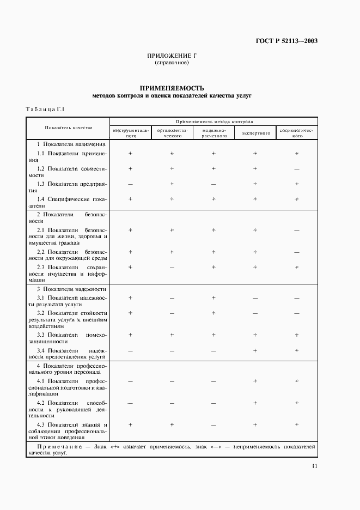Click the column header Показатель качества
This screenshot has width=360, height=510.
coord(69,127)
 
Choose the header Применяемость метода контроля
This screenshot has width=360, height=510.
coord(214,122)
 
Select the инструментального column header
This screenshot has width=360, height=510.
coord(130,133)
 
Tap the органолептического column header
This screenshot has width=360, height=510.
coord(172,133)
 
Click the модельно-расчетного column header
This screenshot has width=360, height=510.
coord(213,133)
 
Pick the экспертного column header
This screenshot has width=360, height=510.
coord(255,133)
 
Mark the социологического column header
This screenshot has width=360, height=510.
coord(297,133)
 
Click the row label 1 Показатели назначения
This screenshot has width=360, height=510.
coord(71,144)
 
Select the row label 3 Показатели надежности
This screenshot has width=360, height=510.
coord(71,289)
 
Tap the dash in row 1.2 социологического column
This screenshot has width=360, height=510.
coord(297,169)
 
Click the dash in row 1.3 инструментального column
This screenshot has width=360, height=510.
coord(130,184)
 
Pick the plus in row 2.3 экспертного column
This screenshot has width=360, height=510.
coord(255,267)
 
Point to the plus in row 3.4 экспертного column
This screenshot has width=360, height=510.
coord(255,350)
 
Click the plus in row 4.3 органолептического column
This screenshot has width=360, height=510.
coord(172,424)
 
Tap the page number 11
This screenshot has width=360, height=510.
coord(315,466)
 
